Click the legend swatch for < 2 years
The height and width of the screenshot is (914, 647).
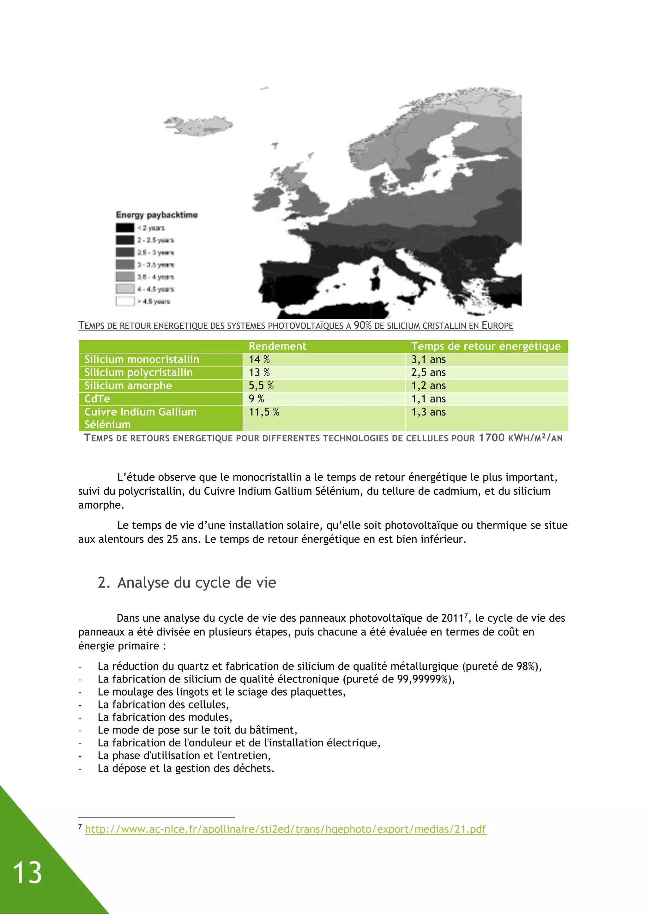125,228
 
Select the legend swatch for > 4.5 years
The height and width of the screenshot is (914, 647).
125,301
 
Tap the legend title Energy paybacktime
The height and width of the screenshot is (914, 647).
157,215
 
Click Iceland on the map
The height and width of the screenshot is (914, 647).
199,125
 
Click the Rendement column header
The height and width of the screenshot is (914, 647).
277,346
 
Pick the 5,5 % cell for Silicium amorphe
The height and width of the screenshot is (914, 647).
261,386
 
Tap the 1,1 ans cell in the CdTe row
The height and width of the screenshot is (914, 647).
428,399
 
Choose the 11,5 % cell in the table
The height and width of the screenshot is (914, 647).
264,412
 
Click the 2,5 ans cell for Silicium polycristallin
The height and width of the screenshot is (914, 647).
428,373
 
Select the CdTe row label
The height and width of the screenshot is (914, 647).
97,399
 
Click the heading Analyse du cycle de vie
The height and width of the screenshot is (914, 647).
197,583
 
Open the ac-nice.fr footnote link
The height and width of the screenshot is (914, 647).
285,829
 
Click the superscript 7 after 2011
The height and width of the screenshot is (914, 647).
466,615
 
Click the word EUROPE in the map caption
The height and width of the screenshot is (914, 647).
497,326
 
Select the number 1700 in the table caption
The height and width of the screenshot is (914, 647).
491,438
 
